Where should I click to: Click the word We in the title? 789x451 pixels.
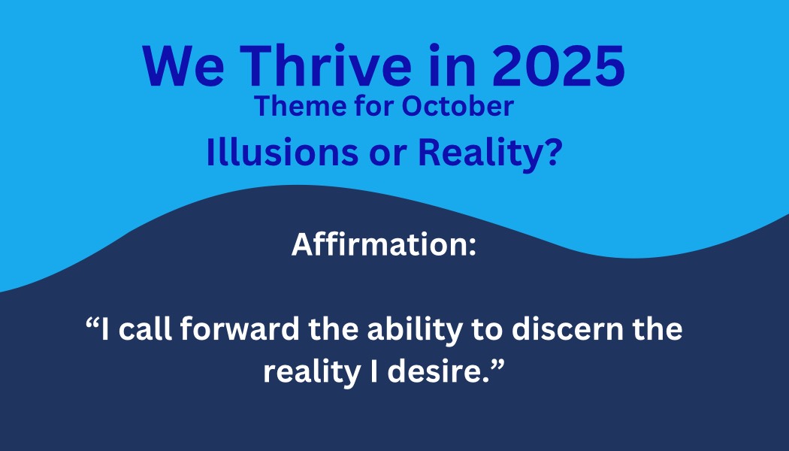183,66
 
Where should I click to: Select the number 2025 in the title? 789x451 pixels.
558,66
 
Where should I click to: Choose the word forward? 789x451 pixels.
240,328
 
